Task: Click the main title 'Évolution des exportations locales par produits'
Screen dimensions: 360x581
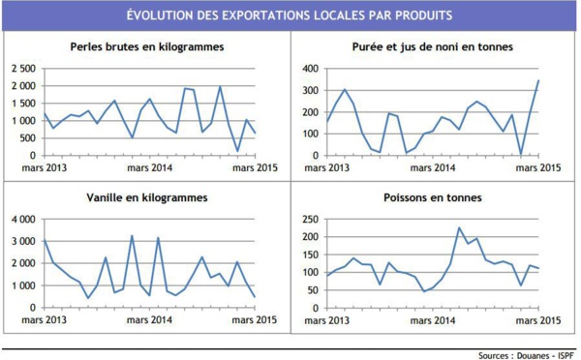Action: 290,16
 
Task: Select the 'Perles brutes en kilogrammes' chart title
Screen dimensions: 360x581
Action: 147,47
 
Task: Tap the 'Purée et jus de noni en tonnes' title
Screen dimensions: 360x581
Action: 433,47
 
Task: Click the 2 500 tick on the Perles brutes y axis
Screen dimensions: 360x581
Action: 23,70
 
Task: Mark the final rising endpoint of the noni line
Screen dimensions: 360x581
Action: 538,81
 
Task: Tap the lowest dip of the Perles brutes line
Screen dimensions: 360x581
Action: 237,151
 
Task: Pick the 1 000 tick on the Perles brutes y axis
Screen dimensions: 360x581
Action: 23,121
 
